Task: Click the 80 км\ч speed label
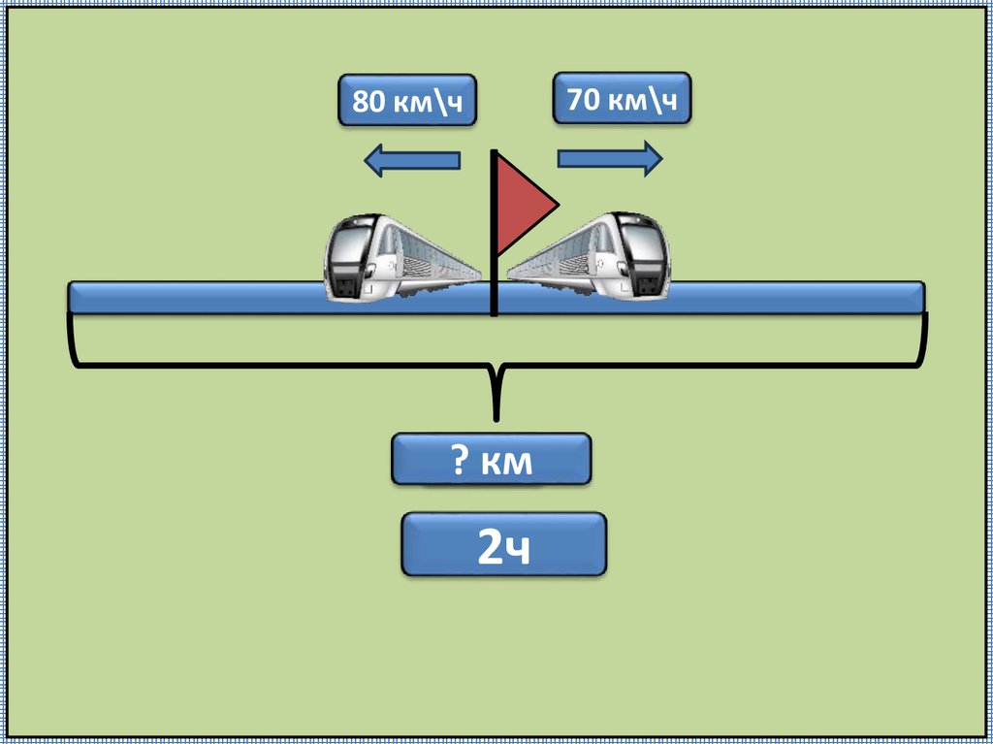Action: pyautogui.click(x=407, y=100)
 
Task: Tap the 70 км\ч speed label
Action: pyautogui.click(x=622, y=98)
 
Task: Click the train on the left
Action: pyautogui.click(x=398, y=256)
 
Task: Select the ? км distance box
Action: pyautogui.click(x=491, y=460)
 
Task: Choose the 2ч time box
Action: pyautogui.click(x=503, y=545)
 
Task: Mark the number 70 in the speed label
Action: pyautogui.click(x=584, y=99)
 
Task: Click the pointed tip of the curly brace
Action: pyautogui.click(x=496, y=417)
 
